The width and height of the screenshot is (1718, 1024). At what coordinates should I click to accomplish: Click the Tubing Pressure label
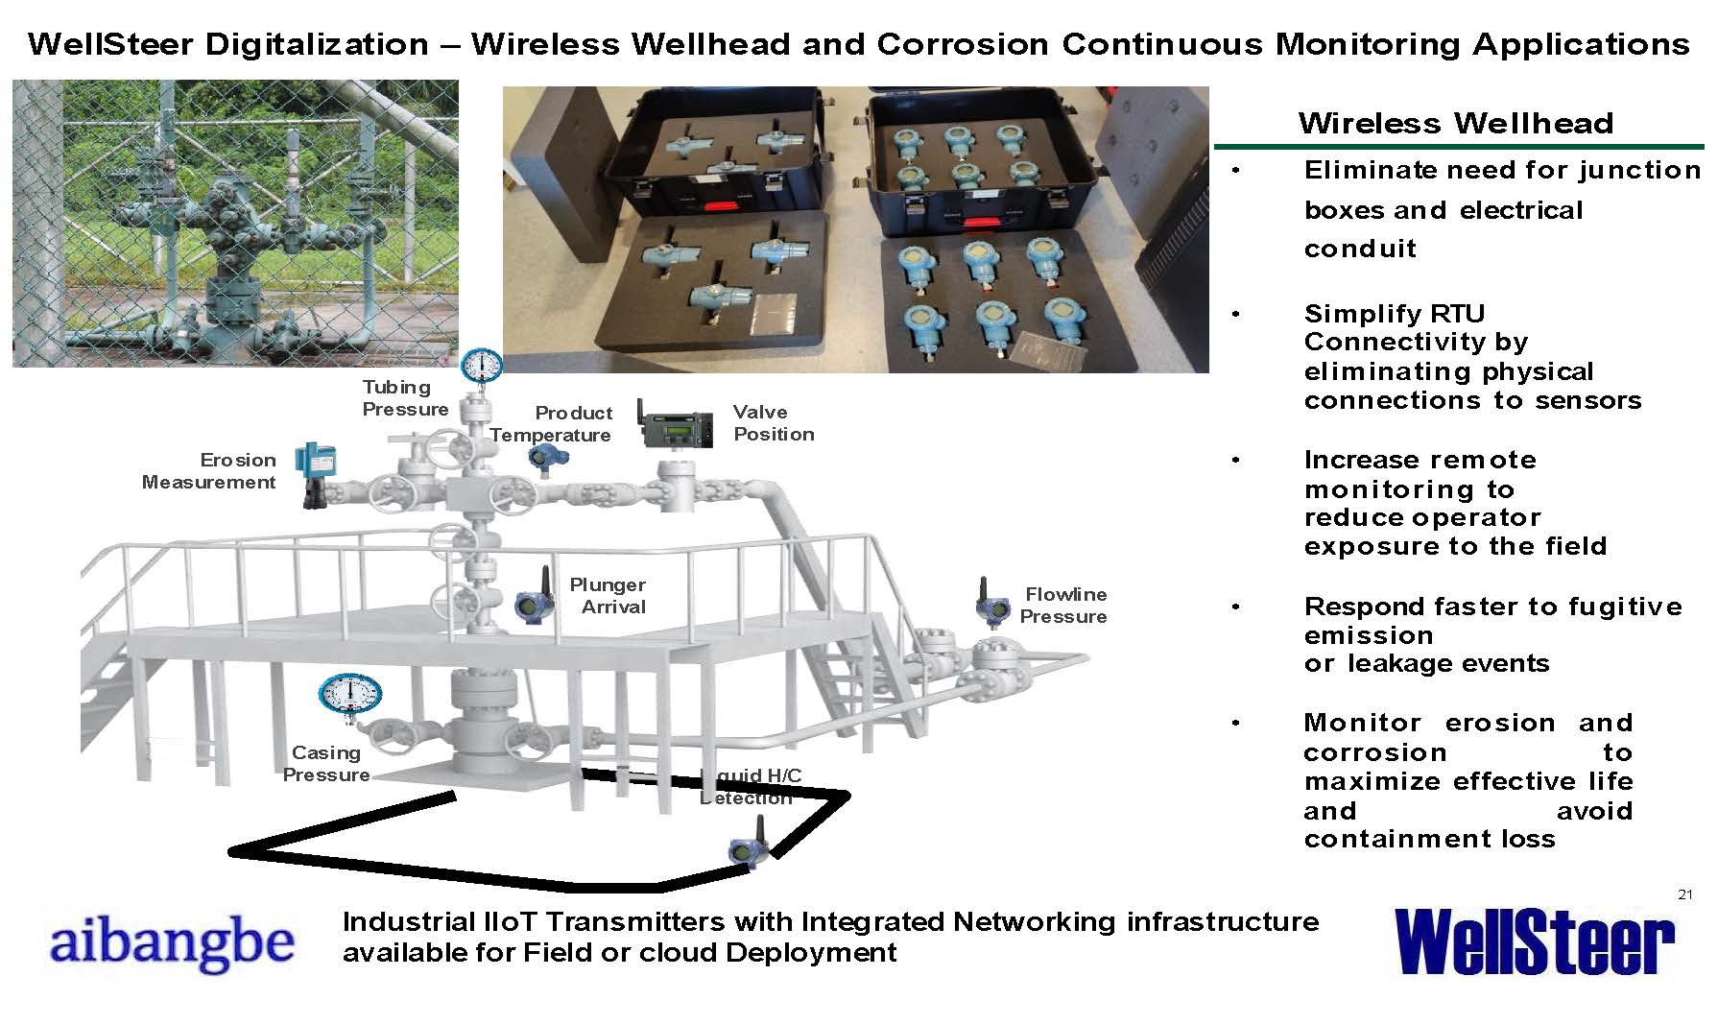click(405, 398)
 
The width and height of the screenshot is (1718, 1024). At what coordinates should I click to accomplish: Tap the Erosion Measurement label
click(209, 471)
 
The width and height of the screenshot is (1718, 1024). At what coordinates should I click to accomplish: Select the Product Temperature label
click(551, 424)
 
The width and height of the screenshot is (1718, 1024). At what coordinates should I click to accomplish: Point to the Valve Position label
click(774, 423)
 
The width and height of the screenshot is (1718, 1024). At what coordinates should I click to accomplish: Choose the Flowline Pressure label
click(1063, 606)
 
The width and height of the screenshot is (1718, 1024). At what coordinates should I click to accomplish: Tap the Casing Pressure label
click(326, 764)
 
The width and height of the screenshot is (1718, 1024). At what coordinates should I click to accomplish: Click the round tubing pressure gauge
click(482, 365)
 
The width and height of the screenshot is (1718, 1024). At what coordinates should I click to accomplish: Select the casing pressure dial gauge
click(350, 694)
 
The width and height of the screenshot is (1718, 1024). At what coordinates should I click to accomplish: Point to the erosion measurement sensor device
click(311, 473)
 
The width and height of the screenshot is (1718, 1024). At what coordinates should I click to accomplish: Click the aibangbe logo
click(172, 942)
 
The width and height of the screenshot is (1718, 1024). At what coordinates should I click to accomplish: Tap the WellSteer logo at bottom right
click(1533, 941)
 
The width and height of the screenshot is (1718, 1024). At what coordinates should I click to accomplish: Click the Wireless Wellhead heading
click(1455, 123)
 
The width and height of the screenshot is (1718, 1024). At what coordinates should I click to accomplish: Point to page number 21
click(1684, 895)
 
